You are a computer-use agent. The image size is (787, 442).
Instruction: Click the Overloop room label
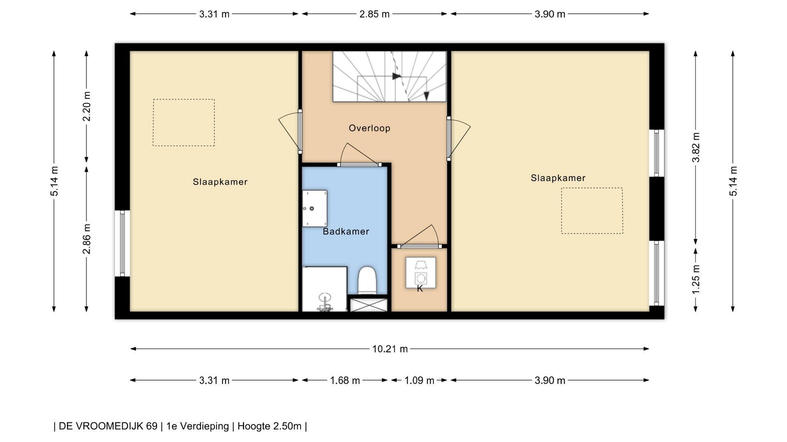tap(369, 128)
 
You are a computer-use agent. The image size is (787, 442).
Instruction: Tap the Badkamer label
tap(346, 232)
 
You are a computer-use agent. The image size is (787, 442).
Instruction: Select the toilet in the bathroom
tap(367, 280)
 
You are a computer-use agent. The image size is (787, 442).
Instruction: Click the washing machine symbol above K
tap(421, 273)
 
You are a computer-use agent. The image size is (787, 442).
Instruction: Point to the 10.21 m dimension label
tap(390, 349)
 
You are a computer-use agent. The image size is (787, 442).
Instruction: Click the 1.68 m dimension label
tap(345, 381)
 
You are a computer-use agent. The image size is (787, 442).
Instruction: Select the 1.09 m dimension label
tap(419, 381)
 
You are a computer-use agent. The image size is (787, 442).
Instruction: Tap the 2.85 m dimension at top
tap(374, 14)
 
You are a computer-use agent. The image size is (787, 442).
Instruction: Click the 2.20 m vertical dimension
tap(86, 106)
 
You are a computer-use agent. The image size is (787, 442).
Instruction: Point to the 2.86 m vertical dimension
tap(86, 239)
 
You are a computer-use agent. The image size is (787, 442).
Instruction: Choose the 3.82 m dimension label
tap(696, 147)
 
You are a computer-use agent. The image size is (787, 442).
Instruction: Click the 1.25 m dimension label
tap(696, 279)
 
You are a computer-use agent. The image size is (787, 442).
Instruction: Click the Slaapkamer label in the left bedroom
tap(220, 182)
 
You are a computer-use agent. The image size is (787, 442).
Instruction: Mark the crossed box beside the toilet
tap(368, 305)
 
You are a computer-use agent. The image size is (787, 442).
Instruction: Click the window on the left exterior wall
tap(122, 244)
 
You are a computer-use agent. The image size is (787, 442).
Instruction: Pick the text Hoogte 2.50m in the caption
tap(269, 426)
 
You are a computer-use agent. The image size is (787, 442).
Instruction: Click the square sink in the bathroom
tap(314, 208)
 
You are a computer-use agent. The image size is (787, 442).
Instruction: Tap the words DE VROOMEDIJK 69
tap(108, 426)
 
